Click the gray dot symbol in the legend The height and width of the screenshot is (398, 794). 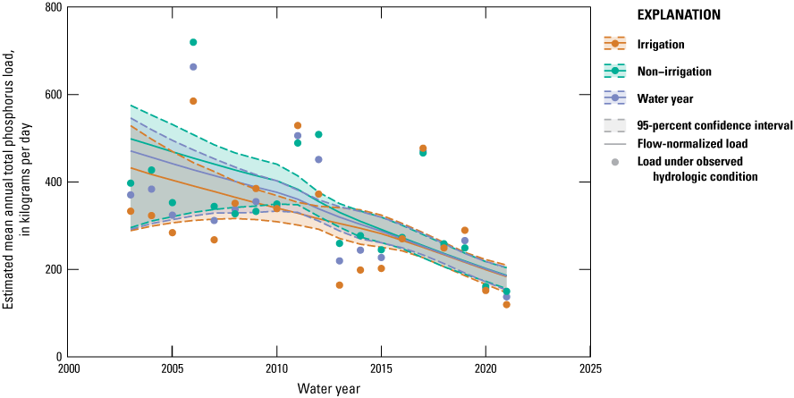(x=618, y=162)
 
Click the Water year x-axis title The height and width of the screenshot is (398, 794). (x=329, y=389)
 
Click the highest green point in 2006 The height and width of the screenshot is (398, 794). (x=193, y=42)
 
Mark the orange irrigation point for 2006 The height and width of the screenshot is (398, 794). (x=193, y=101)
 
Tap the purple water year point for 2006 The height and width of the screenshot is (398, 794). (x=193, y=67)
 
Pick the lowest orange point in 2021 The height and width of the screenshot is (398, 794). (x=506, y=305)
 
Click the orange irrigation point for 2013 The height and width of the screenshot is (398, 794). (x=339, y=285)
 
